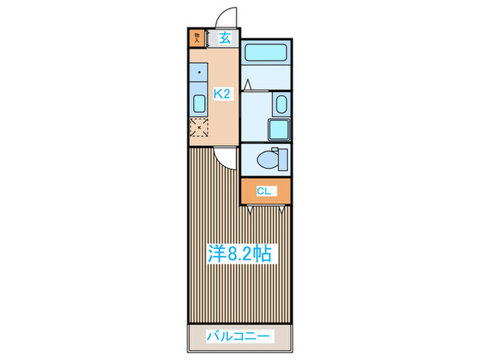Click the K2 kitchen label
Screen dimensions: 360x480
221,95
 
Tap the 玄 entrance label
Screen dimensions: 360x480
225,38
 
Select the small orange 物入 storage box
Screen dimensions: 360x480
197,38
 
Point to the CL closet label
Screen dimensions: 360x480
264,191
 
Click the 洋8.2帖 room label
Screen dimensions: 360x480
240,254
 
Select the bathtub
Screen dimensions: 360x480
267,52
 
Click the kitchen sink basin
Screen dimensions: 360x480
199,104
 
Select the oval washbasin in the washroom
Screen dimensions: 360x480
280,105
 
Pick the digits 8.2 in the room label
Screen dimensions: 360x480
240,254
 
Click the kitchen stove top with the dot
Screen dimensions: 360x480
199,74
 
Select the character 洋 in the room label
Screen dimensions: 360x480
217,254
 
